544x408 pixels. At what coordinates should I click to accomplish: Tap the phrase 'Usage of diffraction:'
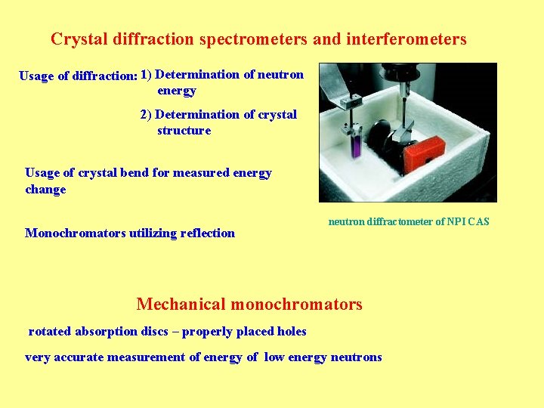coord(78,76)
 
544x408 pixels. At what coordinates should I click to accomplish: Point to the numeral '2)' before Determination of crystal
coord(146,115)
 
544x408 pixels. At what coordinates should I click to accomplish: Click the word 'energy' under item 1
coord(177,91)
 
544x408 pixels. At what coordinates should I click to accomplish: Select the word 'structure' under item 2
coord(184,131)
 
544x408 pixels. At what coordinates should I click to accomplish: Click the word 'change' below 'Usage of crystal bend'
coord(45,189)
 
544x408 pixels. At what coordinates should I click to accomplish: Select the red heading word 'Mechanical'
coord(181,304)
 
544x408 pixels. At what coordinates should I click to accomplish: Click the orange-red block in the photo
coord(427,153)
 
